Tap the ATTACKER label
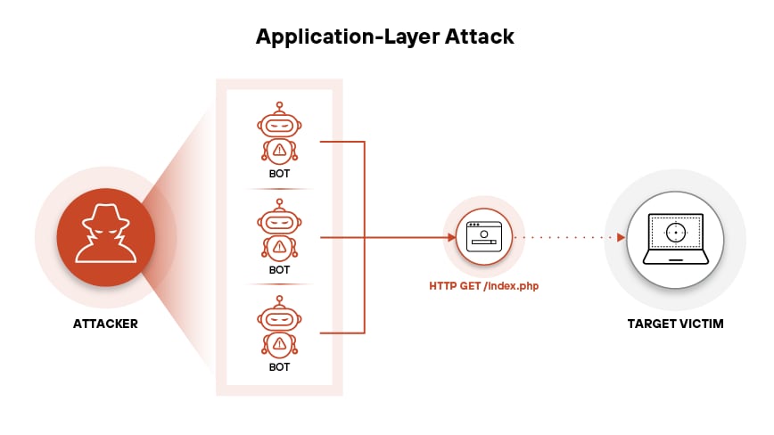point(105,324)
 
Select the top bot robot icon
point(279,135)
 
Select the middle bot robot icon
point(279,232)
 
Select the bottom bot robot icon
point(279,329)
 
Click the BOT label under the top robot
point(279,173)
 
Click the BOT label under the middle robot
point(279,270)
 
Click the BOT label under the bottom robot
point(279,366)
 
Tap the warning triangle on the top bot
point(279,150)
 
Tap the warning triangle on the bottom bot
point(279,343)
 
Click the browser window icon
point(484,237)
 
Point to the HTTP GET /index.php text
point(484,286)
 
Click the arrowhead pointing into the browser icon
point(451,237)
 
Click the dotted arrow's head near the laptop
point(620,237)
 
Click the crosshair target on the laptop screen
point(675,233)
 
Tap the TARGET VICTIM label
point(675,324)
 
